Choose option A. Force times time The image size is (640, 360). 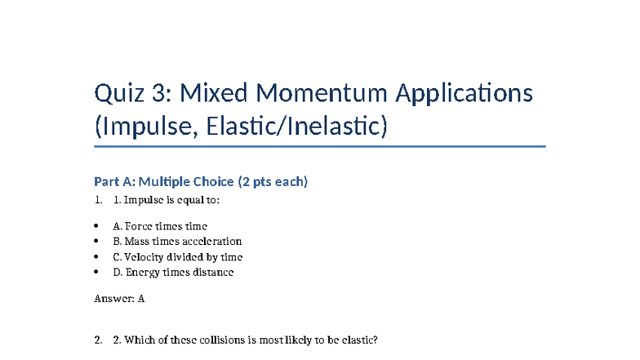[x=160, y=226]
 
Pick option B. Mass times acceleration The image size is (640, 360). [x=177, y=242]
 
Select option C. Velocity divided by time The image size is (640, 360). [x=177, y=257]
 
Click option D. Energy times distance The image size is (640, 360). [x=173, y=273]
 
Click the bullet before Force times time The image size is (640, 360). [x=97, y=226]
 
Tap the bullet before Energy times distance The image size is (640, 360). [x=97, y=273]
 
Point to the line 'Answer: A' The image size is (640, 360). [x=120, y=299]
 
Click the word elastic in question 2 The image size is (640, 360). [x=360, y=340]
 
